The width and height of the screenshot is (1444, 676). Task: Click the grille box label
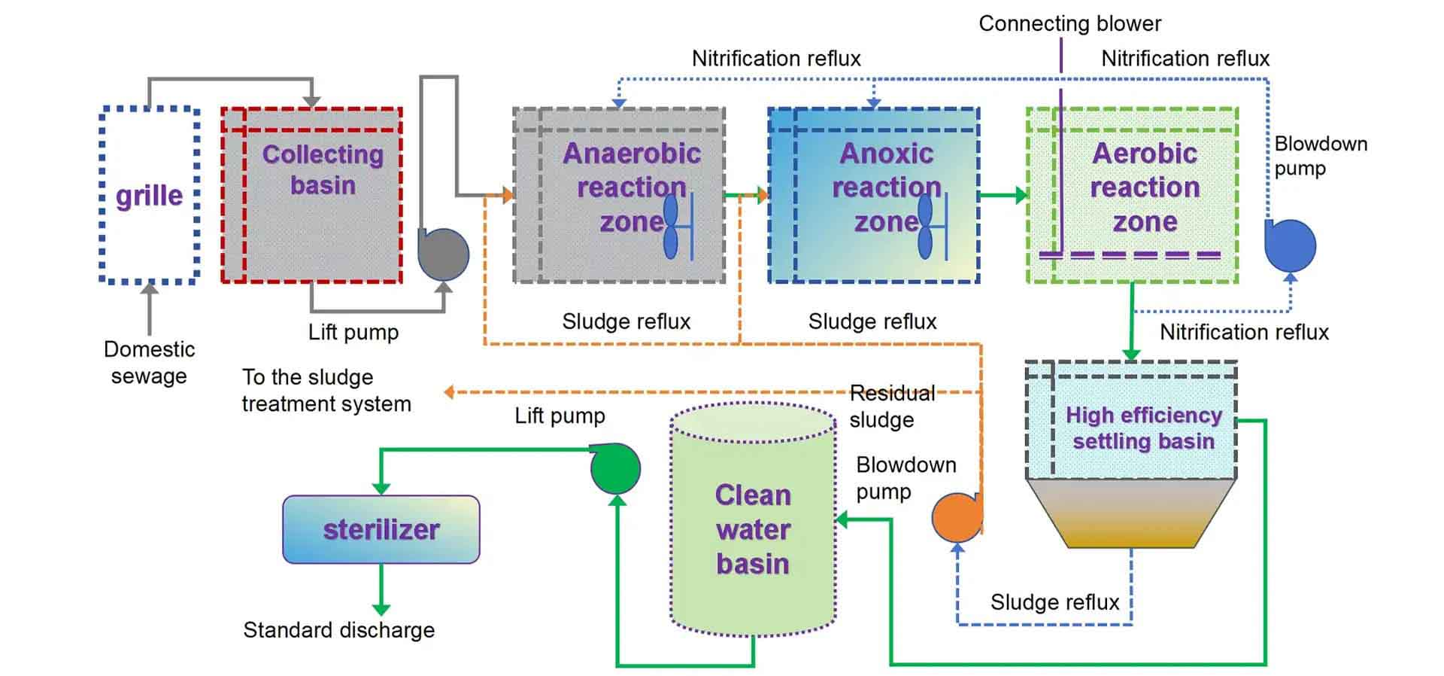(149, 196)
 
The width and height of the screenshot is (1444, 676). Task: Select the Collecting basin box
(312, 196)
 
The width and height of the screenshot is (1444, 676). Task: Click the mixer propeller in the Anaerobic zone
(672, 227)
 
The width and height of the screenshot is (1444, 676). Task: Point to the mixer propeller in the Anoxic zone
(926, 227)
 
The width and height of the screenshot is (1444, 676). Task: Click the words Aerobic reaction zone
(1145, 187)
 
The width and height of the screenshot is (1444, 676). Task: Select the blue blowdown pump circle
(1291, 246)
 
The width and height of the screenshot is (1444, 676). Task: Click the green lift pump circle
(615, 468)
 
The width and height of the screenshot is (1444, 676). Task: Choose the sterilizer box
(381, 529)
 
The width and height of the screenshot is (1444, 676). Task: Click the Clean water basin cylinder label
(753, 529)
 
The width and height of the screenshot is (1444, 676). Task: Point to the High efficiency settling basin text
(1143, 428)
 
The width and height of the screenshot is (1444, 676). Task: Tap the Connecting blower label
(1069, 23)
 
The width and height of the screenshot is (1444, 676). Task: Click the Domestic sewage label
(149, 362)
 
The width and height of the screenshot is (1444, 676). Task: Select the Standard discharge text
(338, 630)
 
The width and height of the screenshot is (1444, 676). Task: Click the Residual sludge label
(891, 407)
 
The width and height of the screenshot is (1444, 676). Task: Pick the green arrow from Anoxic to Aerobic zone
(1003, 195)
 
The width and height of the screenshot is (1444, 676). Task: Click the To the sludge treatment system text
(326, 390)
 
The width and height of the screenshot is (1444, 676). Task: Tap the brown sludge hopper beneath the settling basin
(1131, 516)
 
